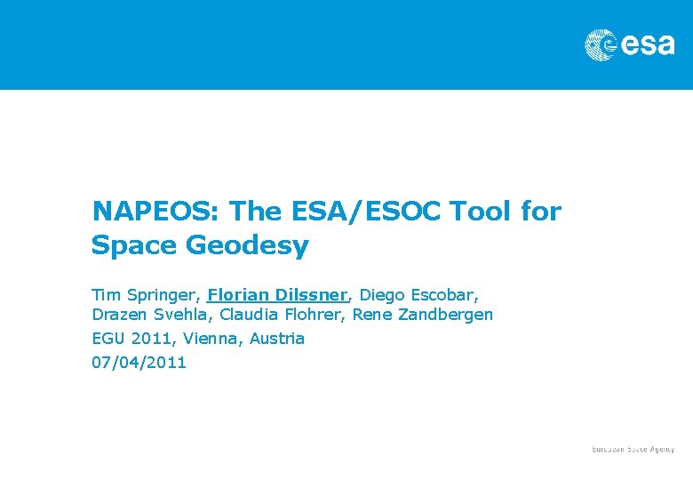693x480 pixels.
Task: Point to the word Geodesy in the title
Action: pyautogui.click(x=248, y=245)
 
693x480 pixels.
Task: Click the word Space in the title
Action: pyautogui.click(x=135, y=245)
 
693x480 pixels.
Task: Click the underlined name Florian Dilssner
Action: pyautogui.click(x=276, y=294)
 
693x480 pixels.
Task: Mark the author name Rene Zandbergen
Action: pyautogui.click(x=423, y=315)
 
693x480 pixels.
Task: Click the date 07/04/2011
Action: pyautogui.click(x=139, y=363)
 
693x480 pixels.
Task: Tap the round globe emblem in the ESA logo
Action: pyautogui.click(x=601, y=44)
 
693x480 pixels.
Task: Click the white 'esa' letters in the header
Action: pyautogui.click(x=646, y=44)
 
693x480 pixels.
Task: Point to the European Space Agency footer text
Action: pyautogui.click(x=633, y=450)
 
